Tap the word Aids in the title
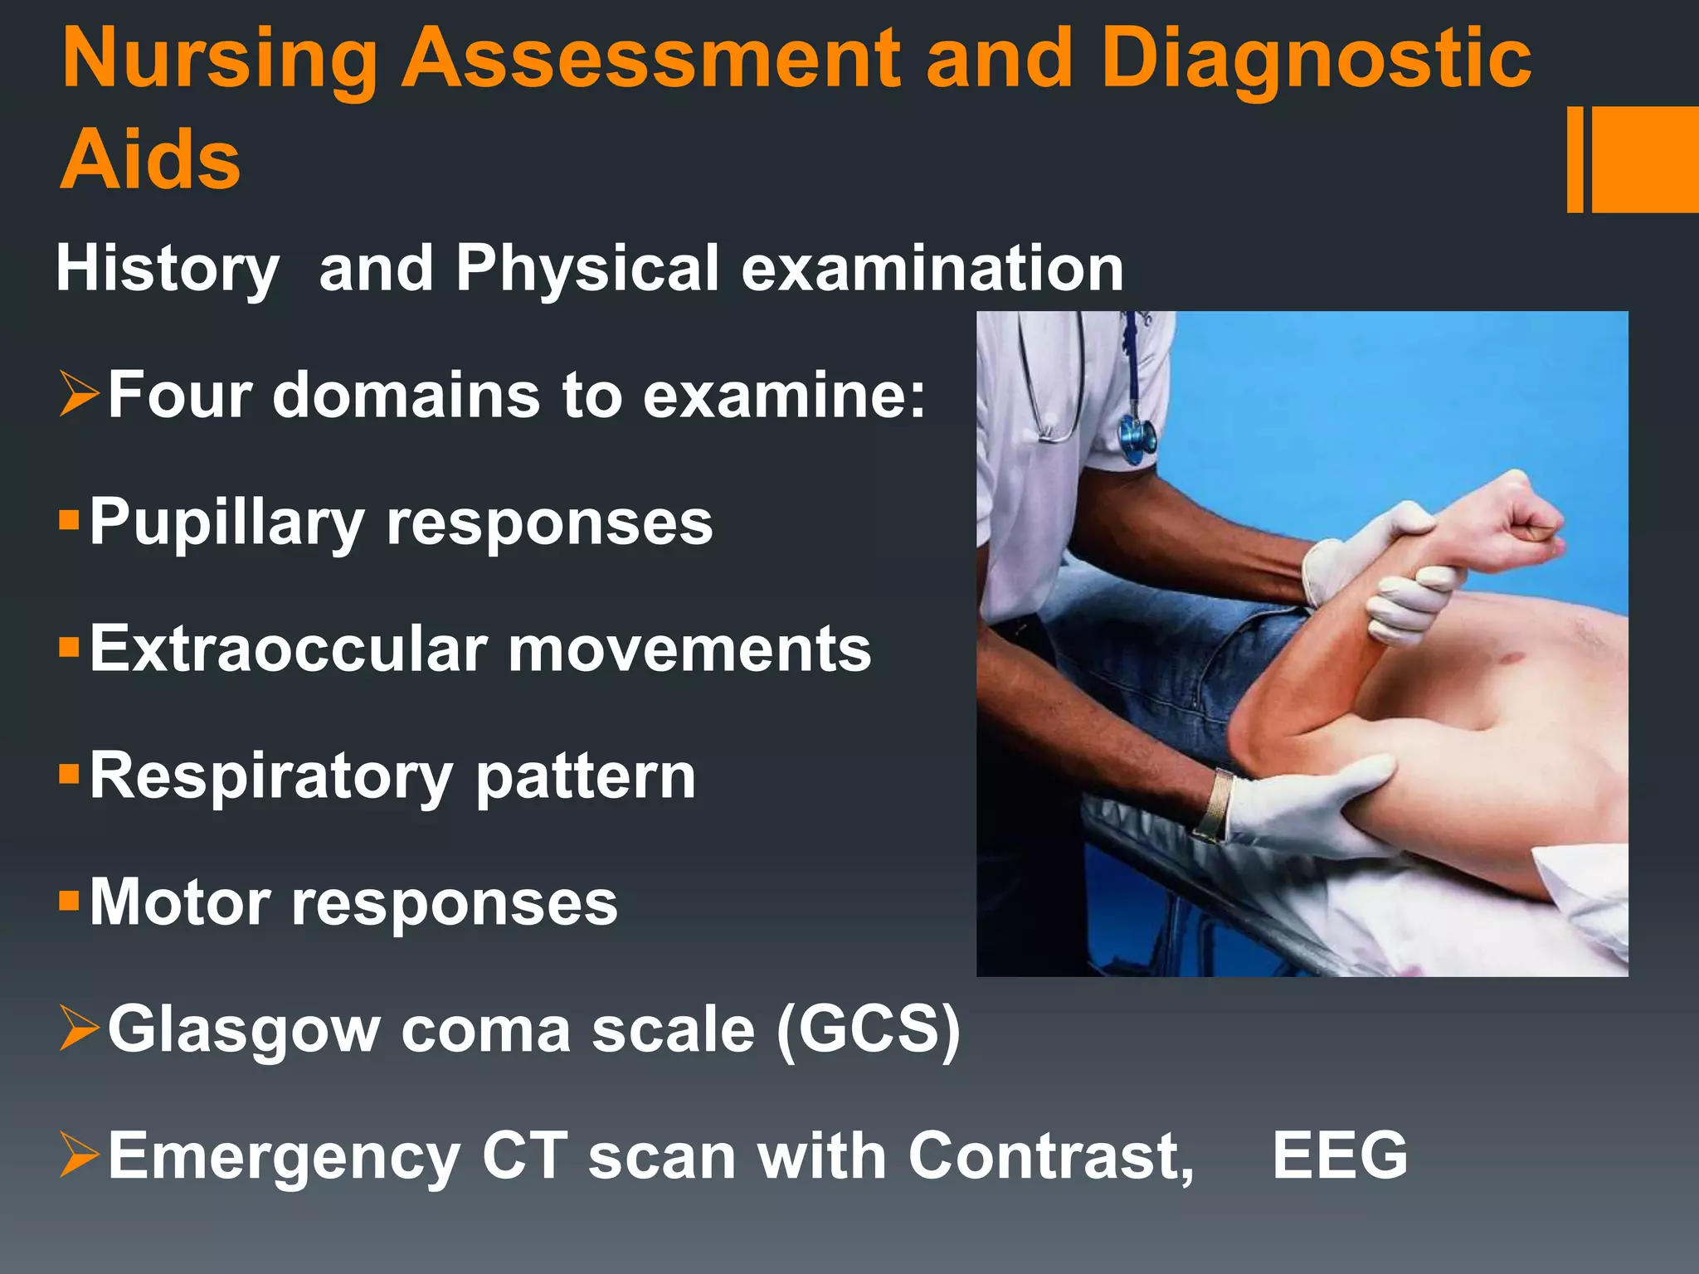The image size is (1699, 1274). tap(150, 159)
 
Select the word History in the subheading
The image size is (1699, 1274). tap(167, 270)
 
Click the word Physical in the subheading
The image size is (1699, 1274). tap(587, 270)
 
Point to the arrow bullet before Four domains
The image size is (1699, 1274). tap(80, 394)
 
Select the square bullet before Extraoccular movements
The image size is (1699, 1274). tap(69, 646)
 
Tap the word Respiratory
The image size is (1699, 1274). tap(270, 778)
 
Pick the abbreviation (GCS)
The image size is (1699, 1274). tap(868, 1030)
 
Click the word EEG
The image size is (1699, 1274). tap(1340, 1155)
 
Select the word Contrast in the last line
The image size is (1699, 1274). tap(1050, 1155)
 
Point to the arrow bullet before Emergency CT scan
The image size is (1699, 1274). tap(80, 1155)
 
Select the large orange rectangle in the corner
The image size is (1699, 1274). tap(1644, 159)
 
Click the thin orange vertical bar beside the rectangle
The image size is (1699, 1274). tap(1575, 159)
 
